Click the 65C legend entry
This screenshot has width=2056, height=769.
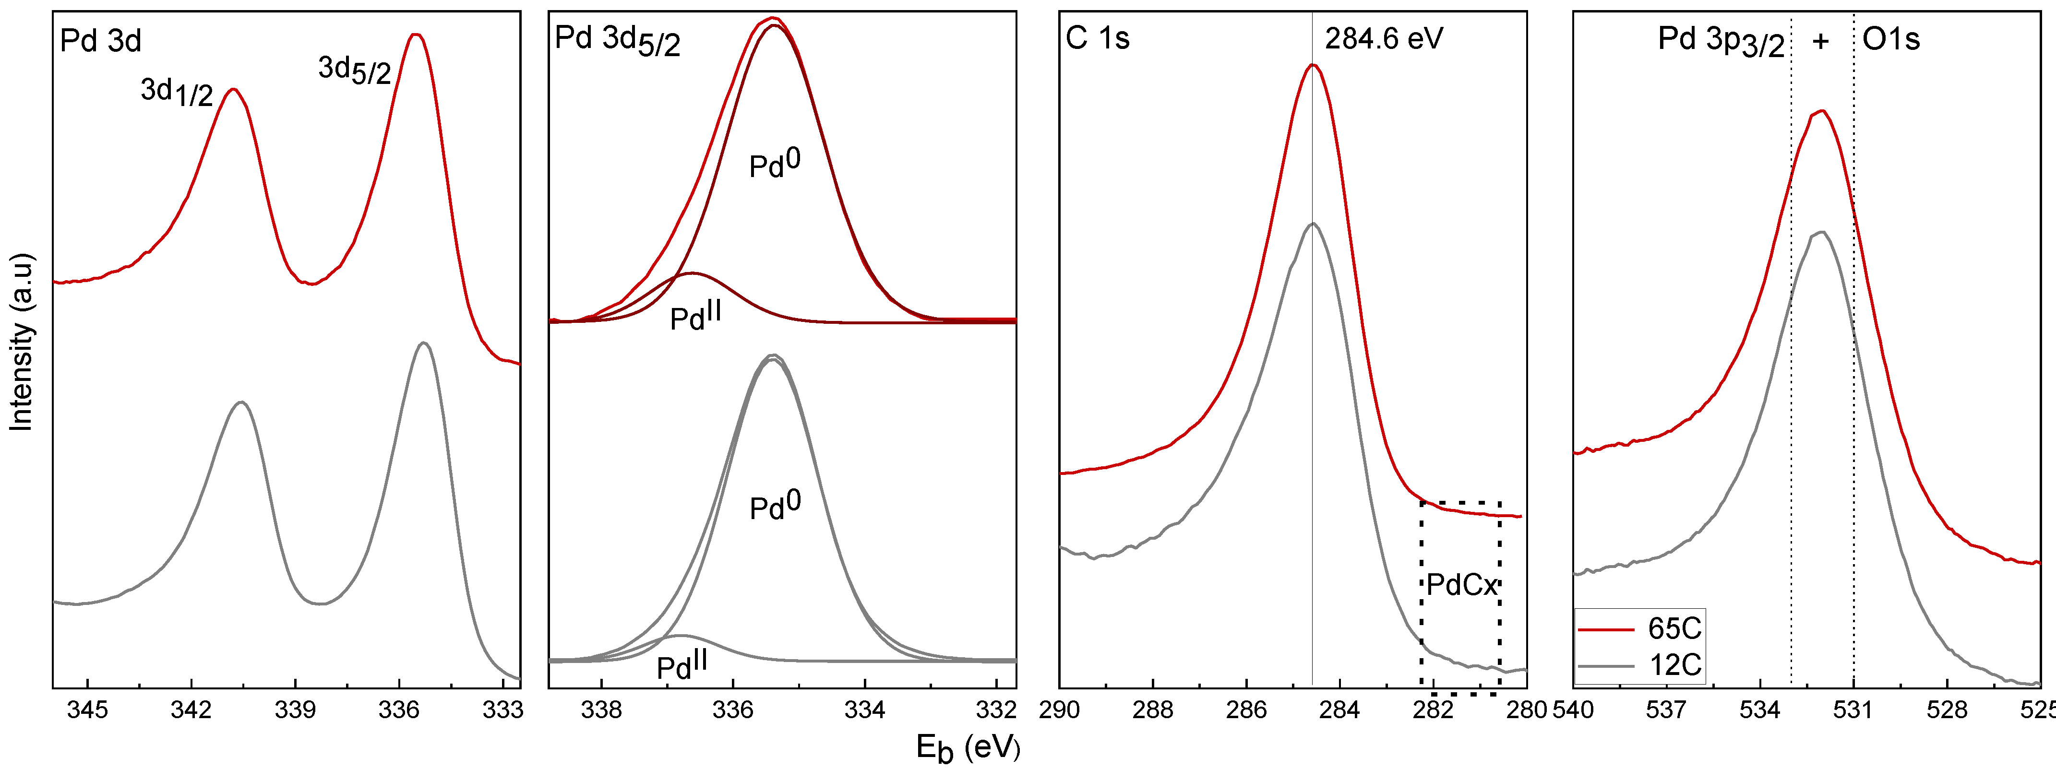(1674, 628)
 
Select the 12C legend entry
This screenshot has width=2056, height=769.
(1674, 664)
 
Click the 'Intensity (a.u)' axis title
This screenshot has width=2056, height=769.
(23, 343)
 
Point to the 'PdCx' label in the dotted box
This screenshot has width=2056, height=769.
(1462, 586)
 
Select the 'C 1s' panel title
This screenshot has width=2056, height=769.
(1098, 38)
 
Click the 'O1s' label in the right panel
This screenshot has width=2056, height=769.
(1891, 38)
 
